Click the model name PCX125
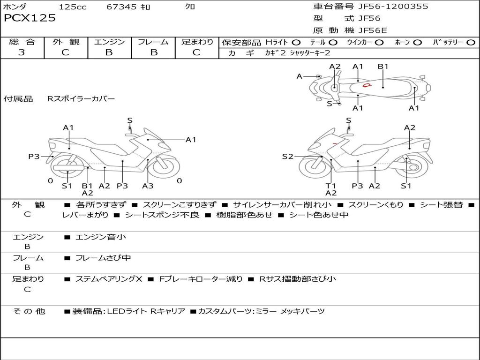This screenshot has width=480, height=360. click(30, 18)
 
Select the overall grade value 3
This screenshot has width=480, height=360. click(22, 52)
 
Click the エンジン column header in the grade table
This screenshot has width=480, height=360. click(109, 42)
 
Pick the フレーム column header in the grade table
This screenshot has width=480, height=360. click(153, 42)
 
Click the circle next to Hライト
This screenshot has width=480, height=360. click(296, 42)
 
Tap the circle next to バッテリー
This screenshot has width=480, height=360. click(471, 42)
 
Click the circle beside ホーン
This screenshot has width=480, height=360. click(417, 42)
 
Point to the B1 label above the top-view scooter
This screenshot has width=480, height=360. click(383, 67)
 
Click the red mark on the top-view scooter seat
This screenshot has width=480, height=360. click(367, 85)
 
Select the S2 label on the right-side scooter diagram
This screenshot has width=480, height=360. click(287, 157)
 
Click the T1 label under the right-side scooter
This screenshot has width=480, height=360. click(331, 186)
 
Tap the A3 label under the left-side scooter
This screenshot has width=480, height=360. click(148, 186)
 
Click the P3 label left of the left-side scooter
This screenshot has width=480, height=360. click(34, 157)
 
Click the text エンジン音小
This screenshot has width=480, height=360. click(101, 237)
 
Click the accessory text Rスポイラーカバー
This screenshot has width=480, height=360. click(81, 99)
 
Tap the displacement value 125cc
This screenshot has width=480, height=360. click(73, 7)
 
